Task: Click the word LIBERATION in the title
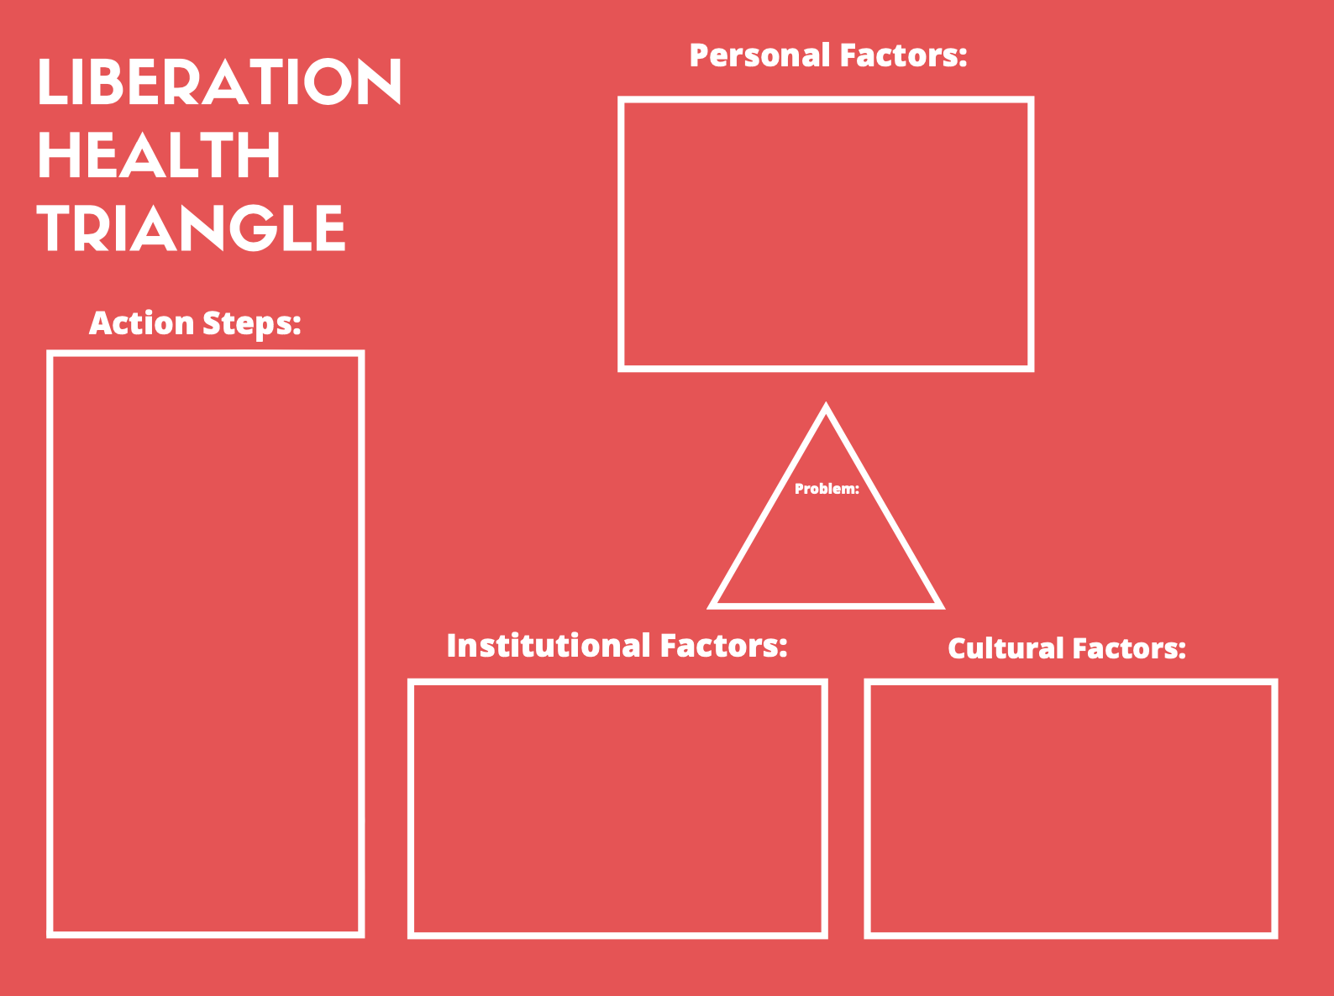click(219, 82)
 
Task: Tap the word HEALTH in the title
click(159, 156)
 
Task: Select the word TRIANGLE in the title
click(192, 229)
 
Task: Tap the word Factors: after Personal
click(903, 55)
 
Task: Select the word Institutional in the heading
click(549, 646)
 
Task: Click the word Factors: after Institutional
click(723, 646)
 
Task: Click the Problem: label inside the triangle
click(827, 489)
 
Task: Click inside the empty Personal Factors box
click(826, 233)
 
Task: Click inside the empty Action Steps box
click(206, 643)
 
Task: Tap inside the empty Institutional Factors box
click(617, 808)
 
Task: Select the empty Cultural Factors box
click(1071, 808)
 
